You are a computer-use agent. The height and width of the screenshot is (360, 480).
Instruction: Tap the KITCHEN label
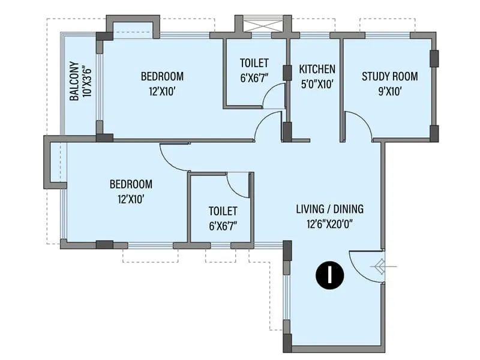(x=317, y=69)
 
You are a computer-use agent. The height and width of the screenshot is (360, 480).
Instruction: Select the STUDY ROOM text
(x=389, y=77)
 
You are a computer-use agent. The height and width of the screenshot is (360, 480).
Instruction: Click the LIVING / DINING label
(x=329, y=209)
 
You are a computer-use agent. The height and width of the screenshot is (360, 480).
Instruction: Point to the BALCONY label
(x=74, y=81)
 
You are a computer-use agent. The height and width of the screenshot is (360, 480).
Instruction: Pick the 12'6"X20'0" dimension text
(x=329, y=224)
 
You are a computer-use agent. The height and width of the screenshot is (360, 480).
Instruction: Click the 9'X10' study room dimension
(x=389, y=91)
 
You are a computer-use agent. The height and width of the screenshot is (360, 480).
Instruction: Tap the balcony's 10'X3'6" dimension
(x=88, y=81)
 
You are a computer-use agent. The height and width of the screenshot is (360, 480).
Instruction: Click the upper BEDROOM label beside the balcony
(x=162, y=77)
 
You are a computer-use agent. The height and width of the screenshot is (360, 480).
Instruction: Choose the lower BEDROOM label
(x=131, y=184)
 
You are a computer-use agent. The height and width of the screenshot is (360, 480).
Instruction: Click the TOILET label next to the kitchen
(x=254, y=63)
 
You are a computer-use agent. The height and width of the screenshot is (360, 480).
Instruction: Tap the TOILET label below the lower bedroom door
(x=223, y=211)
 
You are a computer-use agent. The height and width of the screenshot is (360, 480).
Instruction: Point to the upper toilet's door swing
(x=274, y=96)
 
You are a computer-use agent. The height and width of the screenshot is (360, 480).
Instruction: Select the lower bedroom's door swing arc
(x=174, y=157)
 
